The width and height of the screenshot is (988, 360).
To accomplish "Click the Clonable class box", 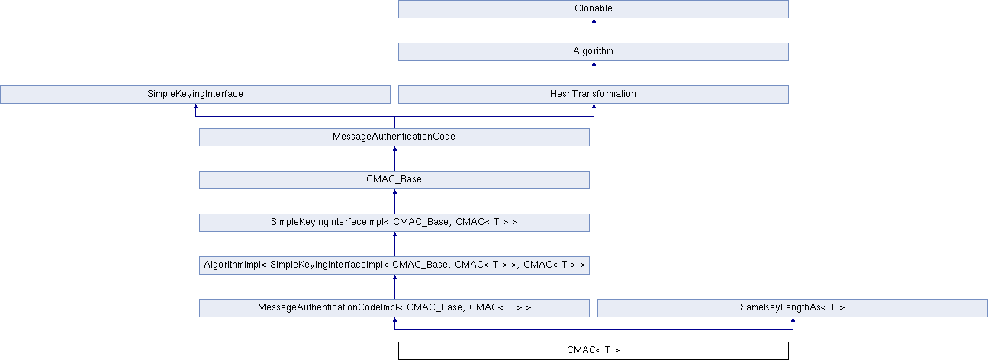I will click(x=593, y=9).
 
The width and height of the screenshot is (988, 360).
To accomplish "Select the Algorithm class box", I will click(x=593, y=52).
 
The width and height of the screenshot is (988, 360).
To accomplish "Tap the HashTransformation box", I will click(x=593, y=95).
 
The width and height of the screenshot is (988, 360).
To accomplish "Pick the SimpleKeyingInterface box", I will click(x=195, y=95).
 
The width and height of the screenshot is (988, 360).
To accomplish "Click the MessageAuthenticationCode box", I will click(x=394, y=137).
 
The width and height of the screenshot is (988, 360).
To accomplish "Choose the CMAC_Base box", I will click(x=394, y=180).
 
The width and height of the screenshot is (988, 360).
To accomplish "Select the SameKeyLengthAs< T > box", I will click(x=792, y=308).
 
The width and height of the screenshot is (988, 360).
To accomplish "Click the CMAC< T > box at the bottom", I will click(x=593, y=351).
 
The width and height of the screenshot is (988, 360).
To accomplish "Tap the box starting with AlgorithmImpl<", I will click(x=394, y=265).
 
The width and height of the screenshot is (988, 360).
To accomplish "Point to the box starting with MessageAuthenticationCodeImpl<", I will click(x=394, y=308).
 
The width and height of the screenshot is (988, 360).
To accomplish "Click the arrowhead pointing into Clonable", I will click(x=594, y=22).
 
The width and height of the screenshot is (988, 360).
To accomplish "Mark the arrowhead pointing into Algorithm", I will click(x=594, y=65).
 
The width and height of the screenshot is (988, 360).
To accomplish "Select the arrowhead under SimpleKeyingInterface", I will click(x=195, y=108).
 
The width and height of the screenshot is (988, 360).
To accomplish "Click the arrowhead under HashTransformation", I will click(x=594, y=108).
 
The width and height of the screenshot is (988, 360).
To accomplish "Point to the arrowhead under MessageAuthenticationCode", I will click(x=394, y=150).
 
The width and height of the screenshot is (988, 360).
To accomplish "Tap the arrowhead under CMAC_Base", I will click(x=394, y=193).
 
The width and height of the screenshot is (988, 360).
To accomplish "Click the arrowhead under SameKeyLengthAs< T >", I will click(x=793, y=321).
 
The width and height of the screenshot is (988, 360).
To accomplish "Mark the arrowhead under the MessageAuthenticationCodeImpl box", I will click(x=394, y=321).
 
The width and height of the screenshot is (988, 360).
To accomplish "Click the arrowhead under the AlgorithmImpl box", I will click(x=394, y=278).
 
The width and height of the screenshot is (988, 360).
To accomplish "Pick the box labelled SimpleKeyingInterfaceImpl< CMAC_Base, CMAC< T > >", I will click(x=394, y=223).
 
